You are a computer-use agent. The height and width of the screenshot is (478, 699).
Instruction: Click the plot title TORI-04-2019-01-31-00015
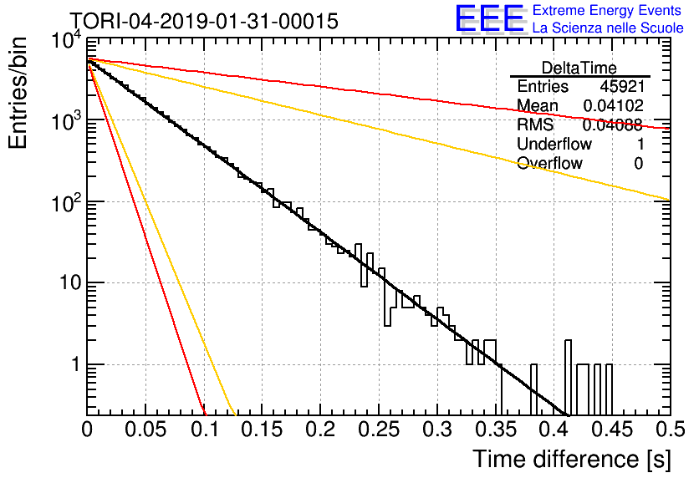204,21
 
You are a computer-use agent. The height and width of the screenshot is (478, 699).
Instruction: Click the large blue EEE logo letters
489,19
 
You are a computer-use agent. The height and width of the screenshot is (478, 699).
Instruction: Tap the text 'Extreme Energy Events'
607,10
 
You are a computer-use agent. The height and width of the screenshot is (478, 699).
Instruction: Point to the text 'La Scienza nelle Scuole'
608,28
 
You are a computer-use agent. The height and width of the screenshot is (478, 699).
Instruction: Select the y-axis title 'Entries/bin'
18,93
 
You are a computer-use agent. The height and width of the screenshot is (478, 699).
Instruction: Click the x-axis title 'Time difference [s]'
572,459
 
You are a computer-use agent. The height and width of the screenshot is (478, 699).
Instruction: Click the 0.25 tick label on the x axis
378,430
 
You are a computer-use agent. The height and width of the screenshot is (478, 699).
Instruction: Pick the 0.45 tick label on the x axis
612,430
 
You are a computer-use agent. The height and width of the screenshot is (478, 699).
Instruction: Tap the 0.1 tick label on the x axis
205,430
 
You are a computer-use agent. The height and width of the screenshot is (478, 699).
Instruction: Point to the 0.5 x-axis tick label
670,430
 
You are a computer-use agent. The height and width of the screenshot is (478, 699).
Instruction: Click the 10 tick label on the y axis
70,282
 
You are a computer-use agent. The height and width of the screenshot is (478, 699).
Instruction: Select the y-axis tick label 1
76,364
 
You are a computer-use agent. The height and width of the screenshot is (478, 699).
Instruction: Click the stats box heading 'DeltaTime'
579,68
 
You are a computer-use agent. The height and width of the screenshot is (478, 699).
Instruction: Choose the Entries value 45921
622,86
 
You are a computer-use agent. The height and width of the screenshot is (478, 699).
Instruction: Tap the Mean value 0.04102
614,105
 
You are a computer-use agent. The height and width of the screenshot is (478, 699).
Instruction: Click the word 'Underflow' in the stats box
554,144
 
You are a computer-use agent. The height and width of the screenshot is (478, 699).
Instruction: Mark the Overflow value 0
639,164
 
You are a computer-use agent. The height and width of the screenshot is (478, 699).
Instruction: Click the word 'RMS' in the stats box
535,125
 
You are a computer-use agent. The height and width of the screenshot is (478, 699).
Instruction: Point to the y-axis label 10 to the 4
67,40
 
